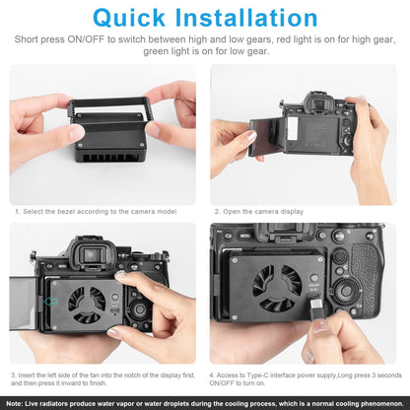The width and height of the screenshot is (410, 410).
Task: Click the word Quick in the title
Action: tap(129, 18)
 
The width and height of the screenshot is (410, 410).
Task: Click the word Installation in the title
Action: tap(246, 18)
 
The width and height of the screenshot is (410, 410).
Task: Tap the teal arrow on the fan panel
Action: tap(50, 301)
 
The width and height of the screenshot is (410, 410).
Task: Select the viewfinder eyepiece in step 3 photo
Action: tap(92, 254)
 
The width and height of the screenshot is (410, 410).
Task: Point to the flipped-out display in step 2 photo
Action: tap(265, 137)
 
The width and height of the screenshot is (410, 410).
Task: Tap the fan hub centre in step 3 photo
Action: tap(87, 304)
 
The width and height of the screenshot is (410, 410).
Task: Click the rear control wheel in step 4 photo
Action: tap(345, 291)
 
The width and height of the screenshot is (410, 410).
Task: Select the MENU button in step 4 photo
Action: tap(244, 236)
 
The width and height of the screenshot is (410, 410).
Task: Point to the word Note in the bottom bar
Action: tap(14, 403)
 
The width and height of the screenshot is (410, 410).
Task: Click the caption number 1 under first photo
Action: tap(17, 212)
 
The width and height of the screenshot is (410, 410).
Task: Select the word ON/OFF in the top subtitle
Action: tap(86, 39)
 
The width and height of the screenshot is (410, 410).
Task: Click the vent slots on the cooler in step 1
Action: tap(102, 158)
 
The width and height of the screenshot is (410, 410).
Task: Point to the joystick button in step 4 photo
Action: tap(341, 255)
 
